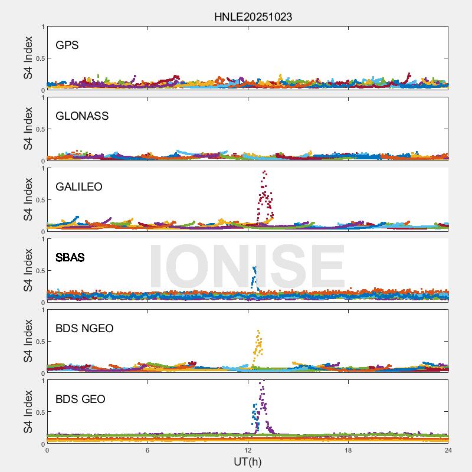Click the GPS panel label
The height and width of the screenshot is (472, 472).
click(67, 45)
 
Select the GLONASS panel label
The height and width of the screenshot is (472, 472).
click(82, 116)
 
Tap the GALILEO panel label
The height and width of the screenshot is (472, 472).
click(78, 186)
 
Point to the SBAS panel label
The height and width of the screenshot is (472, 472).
click(70, 257)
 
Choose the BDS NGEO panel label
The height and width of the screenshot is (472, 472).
click(84, 328)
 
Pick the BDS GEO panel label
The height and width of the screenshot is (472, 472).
click(80, 399)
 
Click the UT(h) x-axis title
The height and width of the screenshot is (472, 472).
click(247, 461)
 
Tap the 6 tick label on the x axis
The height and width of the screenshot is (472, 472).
click(147, 451)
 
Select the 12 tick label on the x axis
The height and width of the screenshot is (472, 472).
click(248, 451)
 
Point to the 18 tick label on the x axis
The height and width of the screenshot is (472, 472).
click(348, 451)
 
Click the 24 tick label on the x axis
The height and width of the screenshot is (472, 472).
click(448, 451)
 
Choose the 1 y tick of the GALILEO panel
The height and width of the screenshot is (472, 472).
click(42, 168)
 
